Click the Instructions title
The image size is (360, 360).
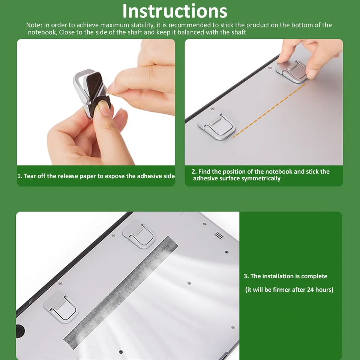(x=175, y=11)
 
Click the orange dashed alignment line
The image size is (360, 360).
(x=270, y=111)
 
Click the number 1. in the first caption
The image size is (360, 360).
(x=20, y=176)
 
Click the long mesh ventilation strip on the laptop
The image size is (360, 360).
(x=121, y=292)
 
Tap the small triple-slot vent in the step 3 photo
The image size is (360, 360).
(x=219, y=235)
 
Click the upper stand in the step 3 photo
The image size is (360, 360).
(x=139, y=234)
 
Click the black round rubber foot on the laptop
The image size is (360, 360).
(x=20, y=331)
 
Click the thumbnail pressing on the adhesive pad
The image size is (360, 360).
(x=105, y=108)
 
